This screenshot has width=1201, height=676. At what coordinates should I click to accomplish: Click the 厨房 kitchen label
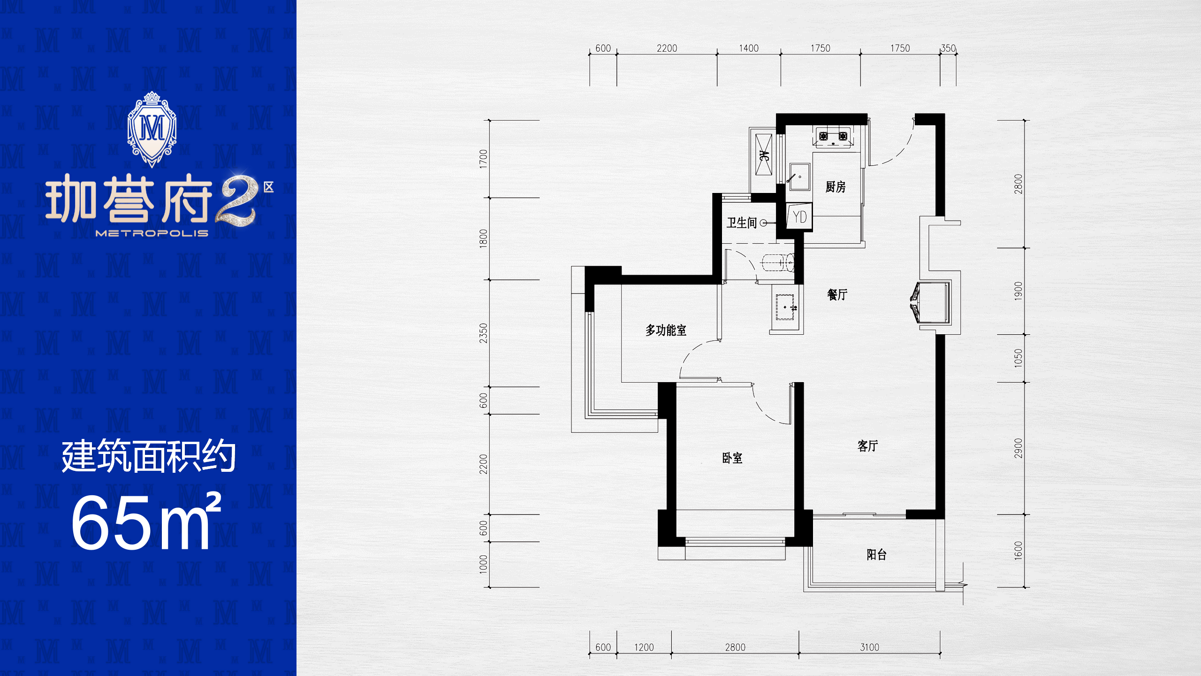click(x=835, y=187)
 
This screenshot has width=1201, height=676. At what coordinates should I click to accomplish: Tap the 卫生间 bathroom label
click(x=742, y=223)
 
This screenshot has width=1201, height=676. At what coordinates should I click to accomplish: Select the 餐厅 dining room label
click(x=837, y=294)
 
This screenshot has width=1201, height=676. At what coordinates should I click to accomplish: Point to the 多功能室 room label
click(x=666, y=330)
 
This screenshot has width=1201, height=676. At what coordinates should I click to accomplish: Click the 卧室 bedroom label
click(x=732, y=458)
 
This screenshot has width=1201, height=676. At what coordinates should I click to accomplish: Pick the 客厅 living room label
click(x=867, y=446)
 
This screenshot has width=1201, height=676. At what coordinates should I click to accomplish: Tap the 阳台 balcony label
click(x=876, y=554)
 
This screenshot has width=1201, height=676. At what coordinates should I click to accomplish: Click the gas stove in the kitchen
click(x=833, y=137)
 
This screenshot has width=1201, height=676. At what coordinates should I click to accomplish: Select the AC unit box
click(x=763, y=155)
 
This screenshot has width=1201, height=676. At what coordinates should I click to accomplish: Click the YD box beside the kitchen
click(x=799, y=217)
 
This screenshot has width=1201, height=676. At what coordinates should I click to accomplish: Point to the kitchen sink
click(x=799, y=177)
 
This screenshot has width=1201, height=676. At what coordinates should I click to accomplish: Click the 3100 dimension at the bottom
click(x=869, y=647)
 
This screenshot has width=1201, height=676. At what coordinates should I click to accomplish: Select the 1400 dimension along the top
click(x=749, y=48)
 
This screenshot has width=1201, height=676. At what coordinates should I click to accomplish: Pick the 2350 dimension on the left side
click(x=484, y=333)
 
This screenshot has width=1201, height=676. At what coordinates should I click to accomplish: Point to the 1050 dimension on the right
click(x=1018, y=358)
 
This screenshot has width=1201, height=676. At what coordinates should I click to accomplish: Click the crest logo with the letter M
click(x=152, y=130)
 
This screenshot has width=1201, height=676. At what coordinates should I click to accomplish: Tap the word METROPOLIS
click(x=152, y=233)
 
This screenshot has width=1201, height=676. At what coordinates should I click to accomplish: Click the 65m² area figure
click(x=146, y=522)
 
